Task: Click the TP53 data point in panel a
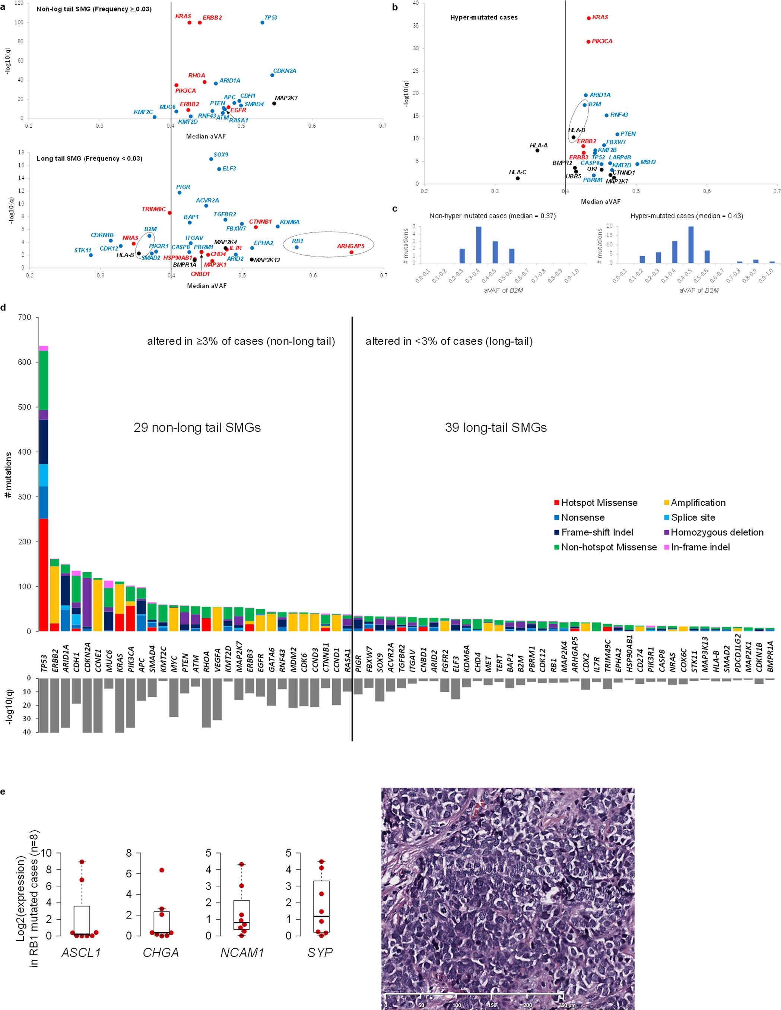click(262, 22)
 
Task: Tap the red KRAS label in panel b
click(600, 17)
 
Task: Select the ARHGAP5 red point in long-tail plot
click(352, 252)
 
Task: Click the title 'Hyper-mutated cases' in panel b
click(484, 18)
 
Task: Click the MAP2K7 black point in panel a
click(274, 103)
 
